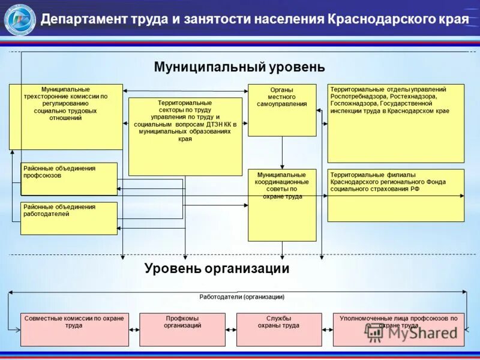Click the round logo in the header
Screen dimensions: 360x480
(x=20, y=19)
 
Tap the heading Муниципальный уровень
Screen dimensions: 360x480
(x=239, y=67)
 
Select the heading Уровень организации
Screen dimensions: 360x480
(x=217, y=268)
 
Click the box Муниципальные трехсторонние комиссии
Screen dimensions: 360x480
(x=65, y=116)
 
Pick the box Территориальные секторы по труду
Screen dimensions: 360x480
(x=185, y=136)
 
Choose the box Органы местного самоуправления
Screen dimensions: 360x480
(x=282, y=110)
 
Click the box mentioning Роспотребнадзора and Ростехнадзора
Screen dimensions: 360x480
(x=395, y=123)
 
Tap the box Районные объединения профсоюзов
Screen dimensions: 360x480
(x=69, y=179)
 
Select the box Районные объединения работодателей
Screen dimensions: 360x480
(x=69, y=218)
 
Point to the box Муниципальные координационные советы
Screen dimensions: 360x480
(x=282, y=205)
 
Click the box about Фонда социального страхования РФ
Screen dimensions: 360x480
(x=395, y=195)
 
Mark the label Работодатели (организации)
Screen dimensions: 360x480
(x=242, y=296)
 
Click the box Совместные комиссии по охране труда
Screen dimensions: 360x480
(x=74, y=329)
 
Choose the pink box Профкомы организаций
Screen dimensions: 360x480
(x=182, y=329)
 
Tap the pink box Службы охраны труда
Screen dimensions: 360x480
(x=278, y=329)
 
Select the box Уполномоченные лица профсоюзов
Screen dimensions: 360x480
(x=398, y=329)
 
